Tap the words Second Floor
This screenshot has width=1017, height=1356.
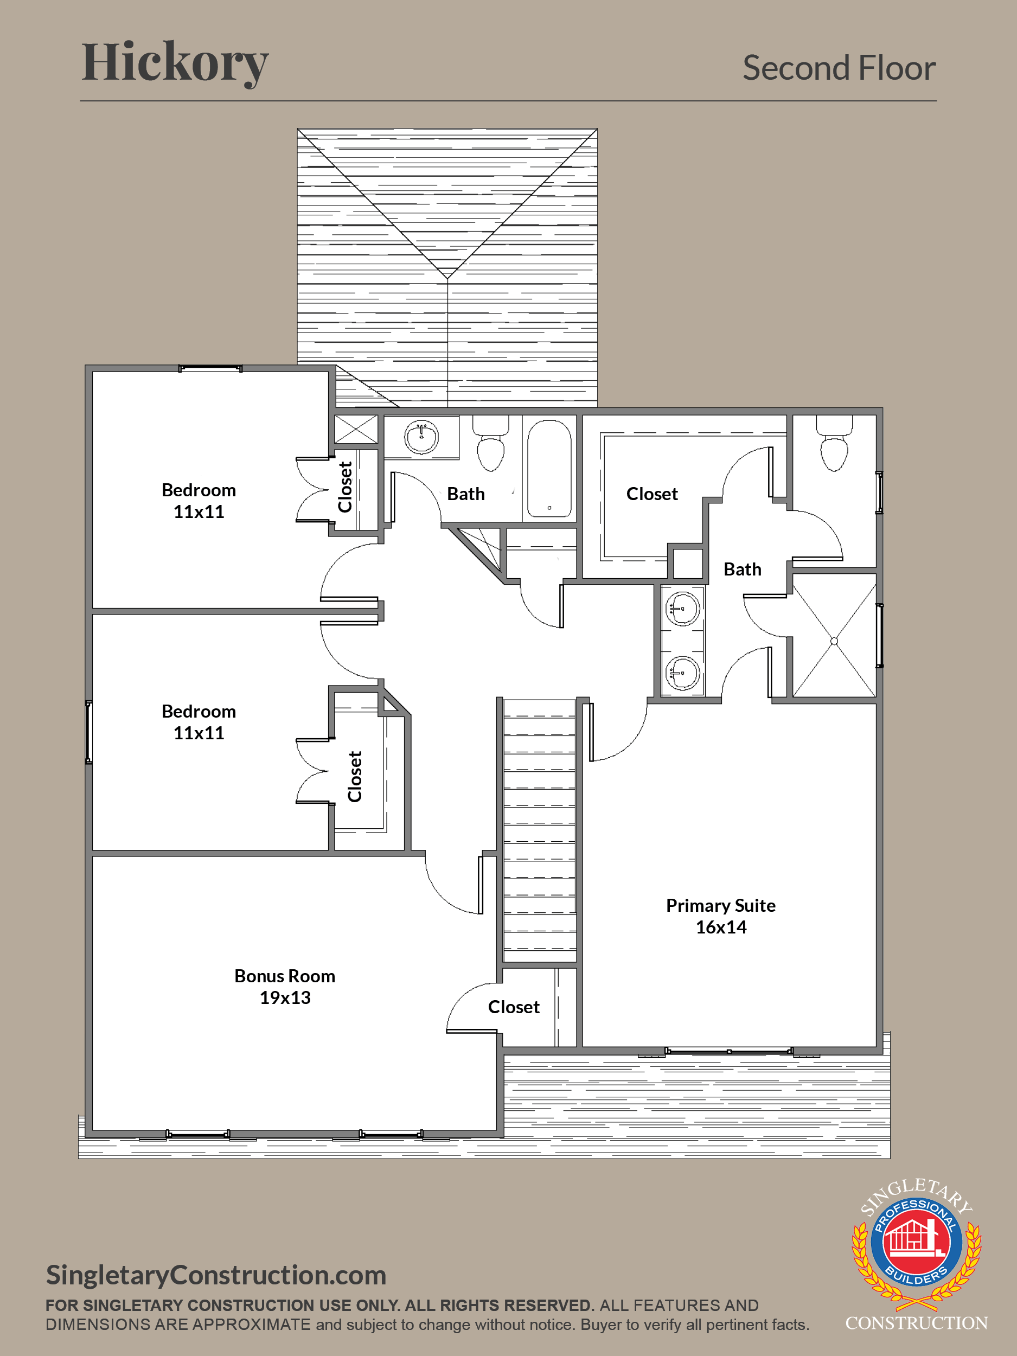tap(839, 67)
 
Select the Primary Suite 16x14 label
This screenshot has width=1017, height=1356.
tap(721, 916)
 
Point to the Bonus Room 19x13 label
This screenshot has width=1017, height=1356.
tap(285, 986)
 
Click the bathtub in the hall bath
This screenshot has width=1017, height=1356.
tap(549, 468)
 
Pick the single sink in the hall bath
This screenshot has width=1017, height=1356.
tap(421, 437)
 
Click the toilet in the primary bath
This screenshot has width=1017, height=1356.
tap(834, 443)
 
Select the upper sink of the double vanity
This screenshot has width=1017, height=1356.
tap(682, 609)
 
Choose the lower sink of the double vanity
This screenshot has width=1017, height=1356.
tap(682, 673)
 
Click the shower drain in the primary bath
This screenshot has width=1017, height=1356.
tap(834, 641)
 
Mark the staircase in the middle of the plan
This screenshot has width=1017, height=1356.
tap(540, 830)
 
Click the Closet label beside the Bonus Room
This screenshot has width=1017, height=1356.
tap(514, 1007)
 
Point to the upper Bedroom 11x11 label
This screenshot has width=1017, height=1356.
tap(199, 501)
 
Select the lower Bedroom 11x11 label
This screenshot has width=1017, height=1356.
tap(199, 722)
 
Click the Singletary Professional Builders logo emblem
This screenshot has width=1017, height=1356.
tap(917, 1244)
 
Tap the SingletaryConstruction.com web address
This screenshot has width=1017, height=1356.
tap(216, 1275)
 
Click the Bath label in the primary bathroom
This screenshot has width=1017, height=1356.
tap(743, 570)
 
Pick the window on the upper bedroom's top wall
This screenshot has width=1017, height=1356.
tap(210, 368)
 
